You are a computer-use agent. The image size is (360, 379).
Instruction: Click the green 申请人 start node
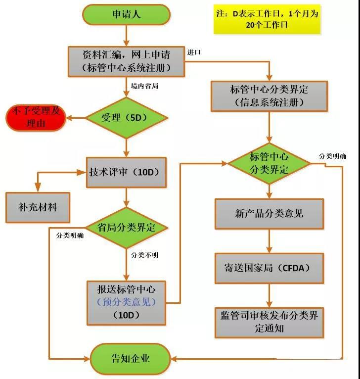point(128,14)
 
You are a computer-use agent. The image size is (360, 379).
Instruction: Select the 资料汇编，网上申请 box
point(127,61)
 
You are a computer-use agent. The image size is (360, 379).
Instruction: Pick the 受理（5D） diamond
point(127,118)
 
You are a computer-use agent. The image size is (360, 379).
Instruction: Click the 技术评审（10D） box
point(127,172)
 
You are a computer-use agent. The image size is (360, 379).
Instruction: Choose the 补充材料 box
point(38,206)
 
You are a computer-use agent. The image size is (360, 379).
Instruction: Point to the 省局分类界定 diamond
point(127,228)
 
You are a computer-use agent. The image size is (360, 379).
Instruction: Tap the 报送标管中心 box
point(127,301)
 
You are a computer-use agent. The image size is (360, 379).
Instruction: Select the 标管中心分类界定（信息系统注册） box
point(269,96)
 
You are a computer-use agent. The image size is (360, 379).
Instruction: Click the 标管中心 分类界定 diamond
point(269,164)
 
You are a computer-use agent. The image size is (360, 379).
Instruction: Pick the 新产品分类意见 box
point(269,214)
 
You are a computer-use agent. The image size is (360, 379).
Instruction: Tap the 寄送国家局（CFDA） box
point(269,268)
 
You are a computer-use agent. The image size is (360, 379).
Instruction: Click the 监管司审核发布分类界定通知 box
point(269,322)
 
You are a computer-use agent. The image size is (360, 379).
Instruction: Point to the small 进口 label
point(194,52)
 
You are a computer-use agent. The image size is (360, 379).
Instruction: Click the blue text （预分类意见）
point(127,301)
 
